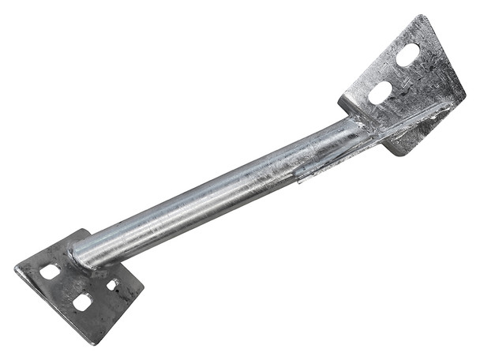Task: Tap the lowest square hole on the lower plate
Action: [82, 302]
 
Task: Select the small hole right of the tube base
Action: [113, 283]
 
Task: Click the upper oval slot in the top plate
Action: [408, 55]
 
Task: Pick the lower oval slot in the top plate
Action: [380, 92]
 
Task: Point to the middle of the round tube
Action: [221, 189]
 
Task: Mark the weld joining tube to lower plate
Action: [79, 257]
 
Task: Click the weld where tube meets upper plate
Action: [359, 126]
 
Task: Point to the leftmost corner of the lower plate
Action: [16, 269]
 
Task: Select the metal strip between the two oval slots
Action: [395, 73]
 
